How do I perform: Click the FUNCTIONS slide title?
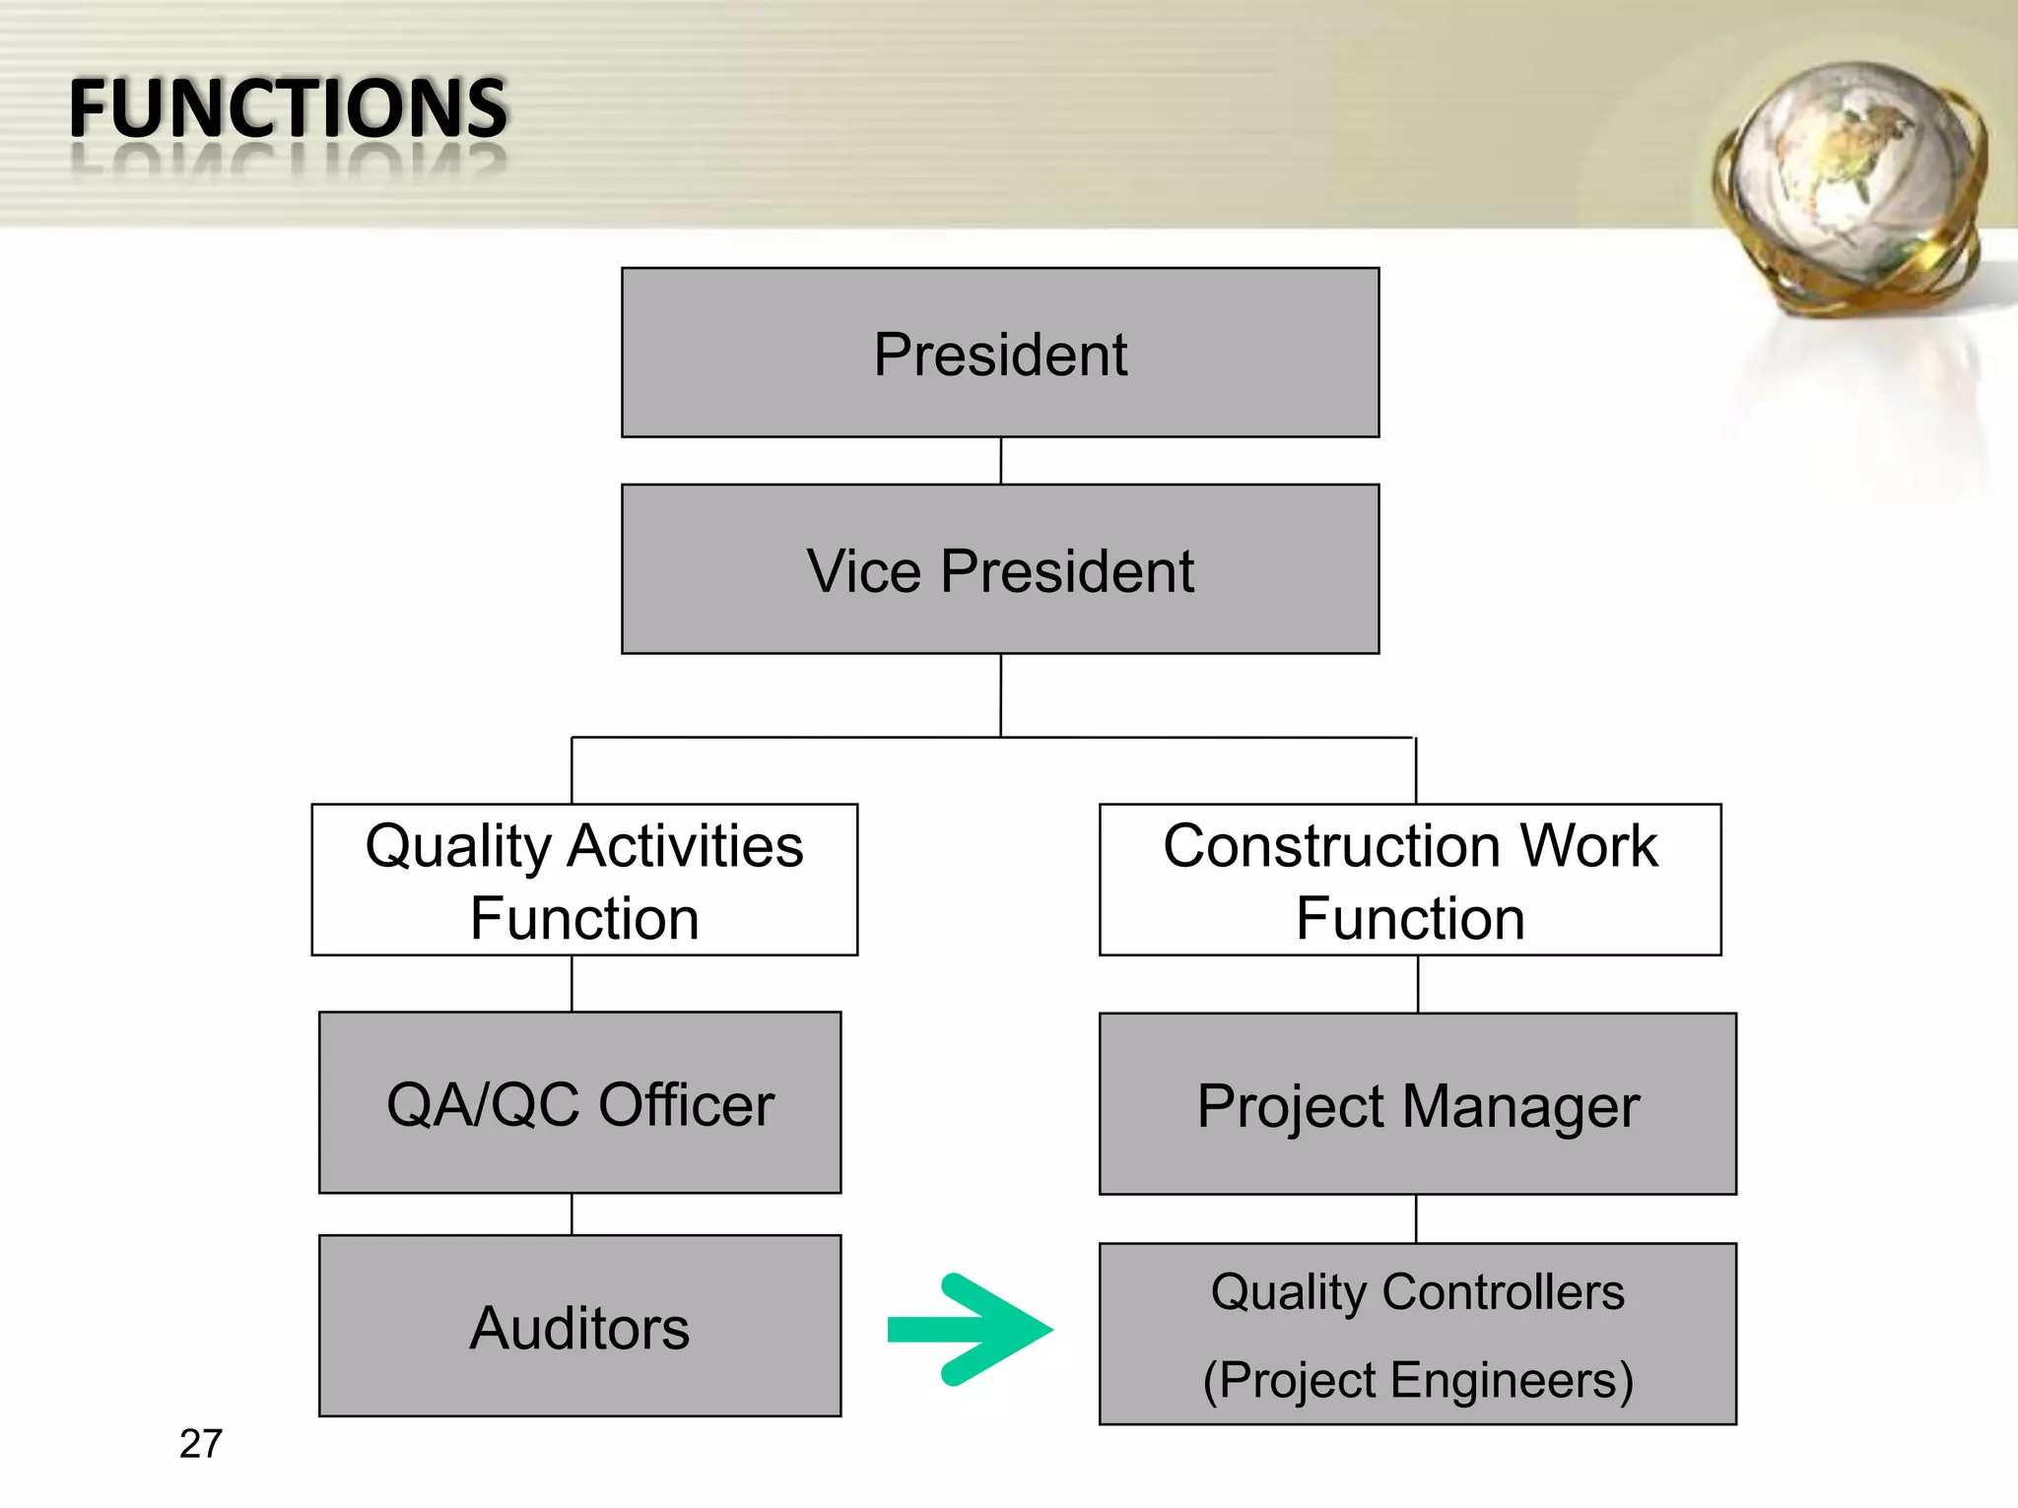click(288, 108)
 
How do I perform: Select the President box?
click(1000, 353)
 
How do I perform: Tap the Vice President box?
click(1000, 569)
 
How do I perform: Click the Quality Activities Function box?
click(584, 880)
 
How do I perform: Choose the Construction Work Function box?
click(1410, 880)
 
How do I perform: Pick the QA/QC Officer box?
click(580, 1103)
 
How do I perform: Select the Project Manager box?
click(1418, 1104)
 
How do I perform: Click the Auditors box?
click(580, 1326)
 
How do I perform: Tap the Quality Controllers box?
click(1418, 1334)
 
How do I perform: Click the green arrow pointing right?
click(971, 1330)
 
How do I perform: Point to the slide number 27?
click(201, 1444)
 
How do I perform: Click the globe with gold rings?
click(1850, 187)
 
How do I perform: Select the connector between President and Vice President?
click(1001, 460)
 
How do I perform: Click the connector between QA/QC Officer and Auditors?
click(572, 1214)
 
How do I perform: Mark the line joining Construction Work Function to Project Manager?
click(1418, 984)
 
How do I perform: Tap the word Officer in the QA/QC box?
click(686, 1104)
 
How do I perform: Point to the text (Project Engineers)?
click(1418, 1380)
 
